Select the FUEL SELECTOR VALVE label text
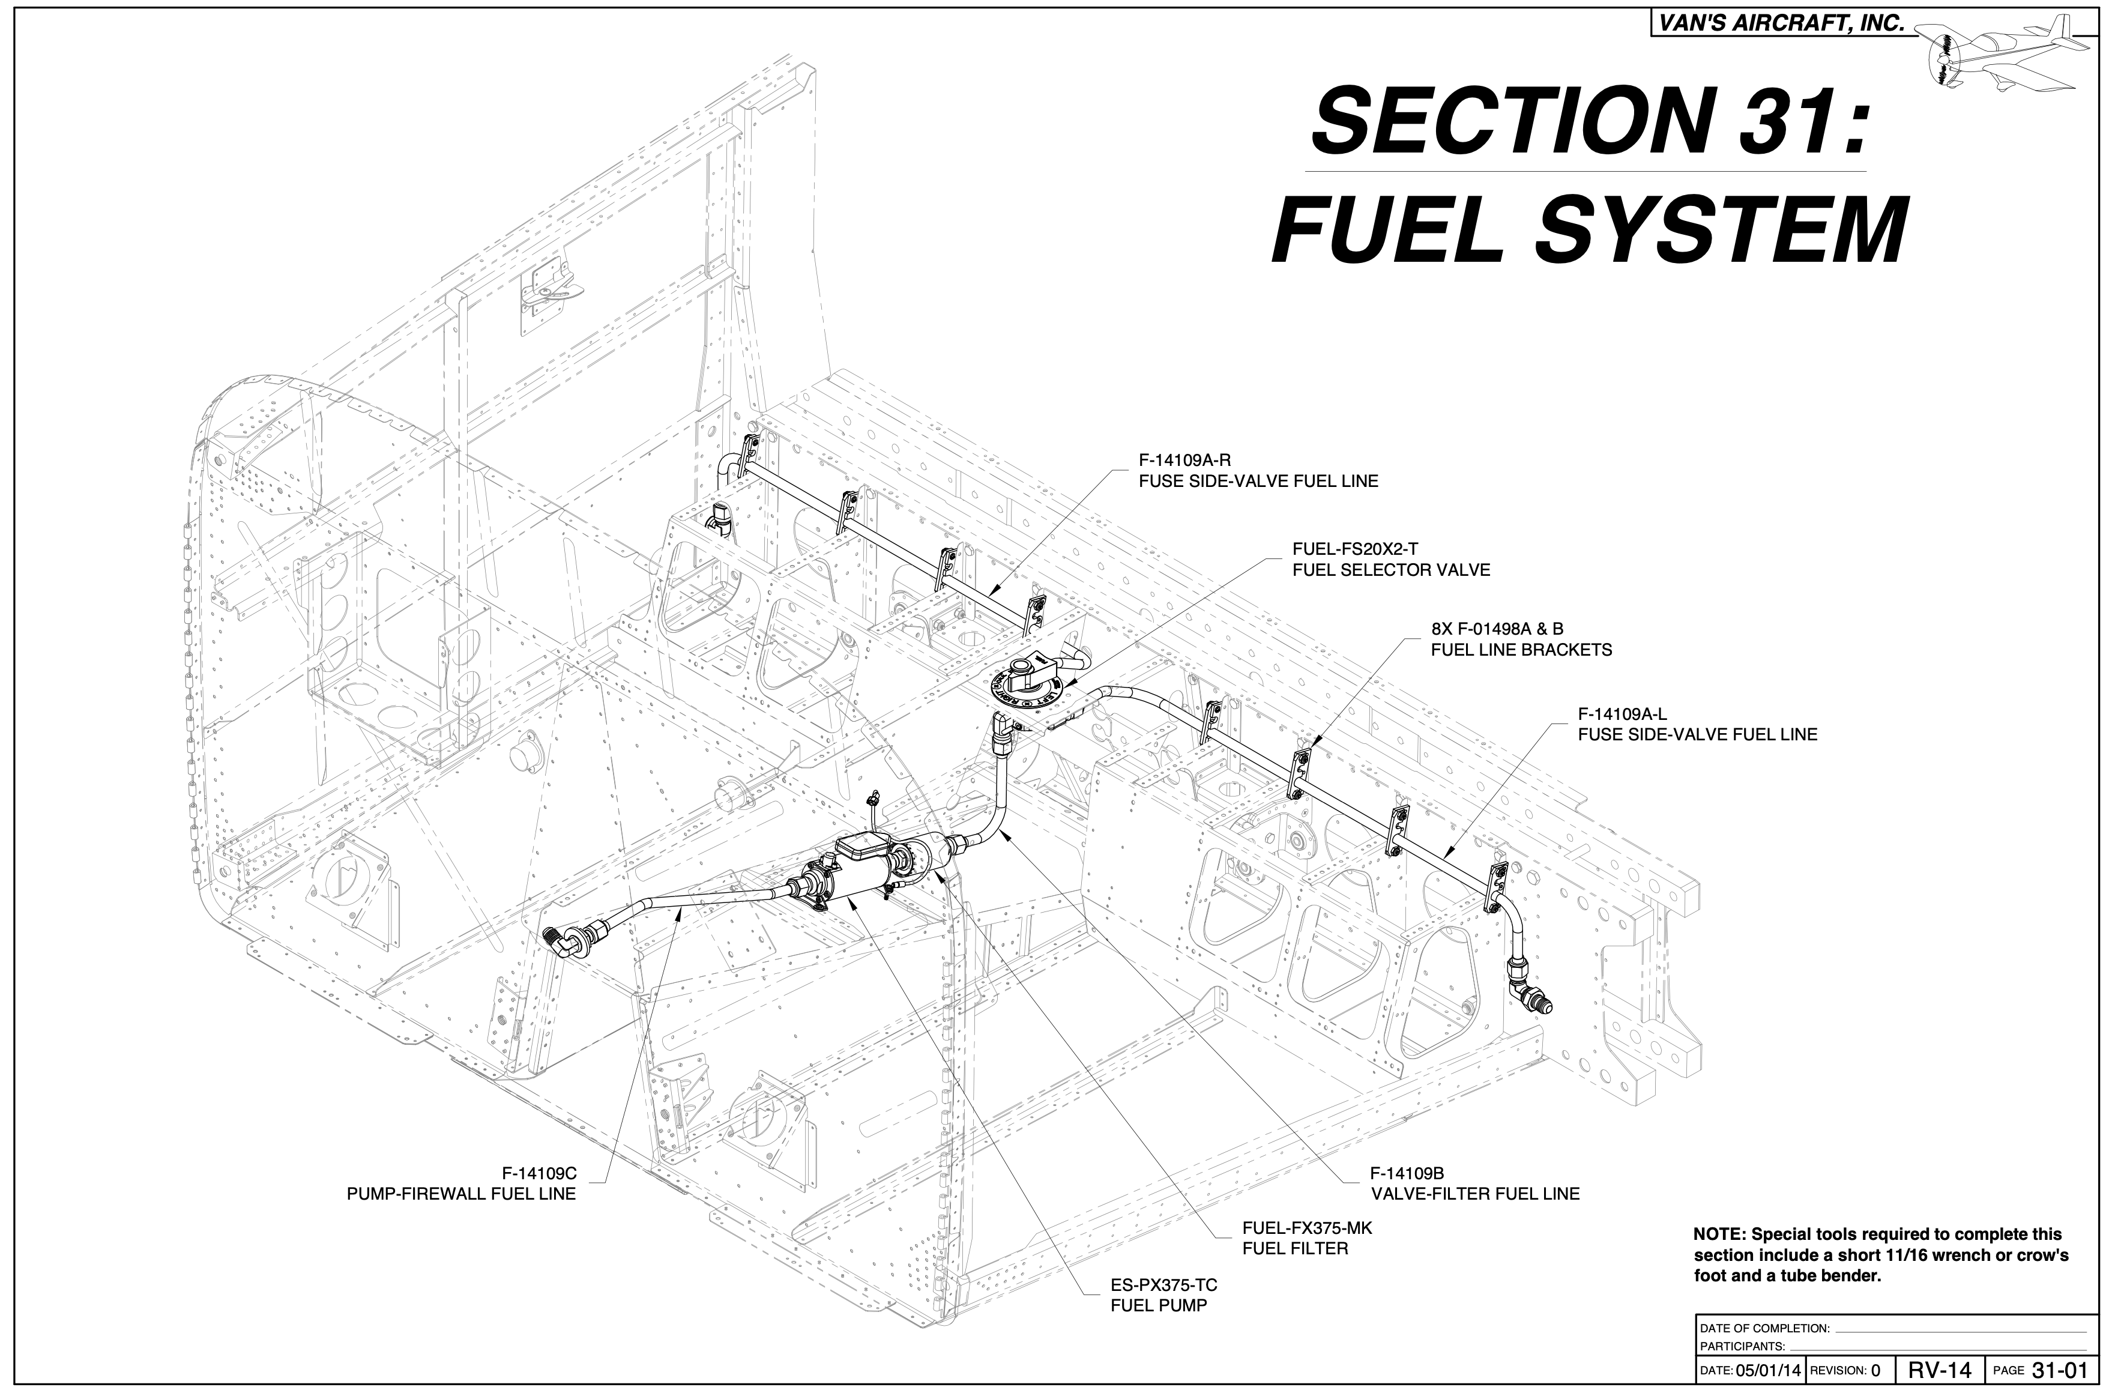pos(1391,570)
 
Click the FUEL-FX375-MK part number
pos(1306,1228)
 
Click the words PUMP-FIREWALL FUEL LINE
pos(461,1194)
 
